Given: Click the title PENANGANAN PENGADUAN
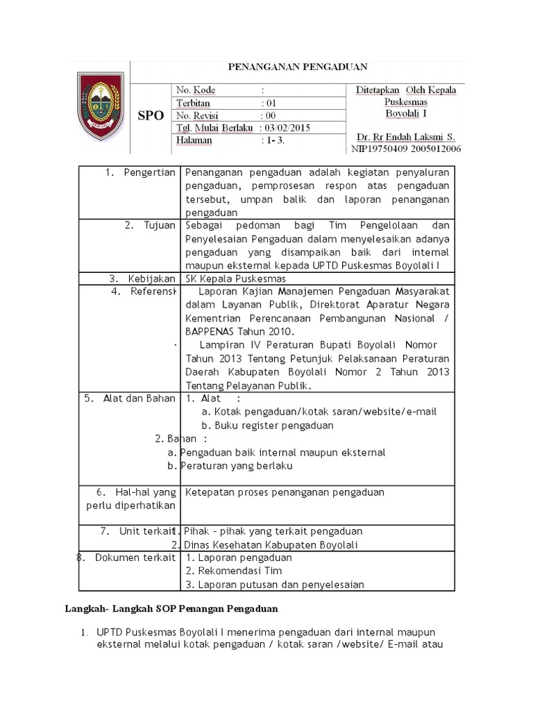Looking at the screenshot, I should click(x=298, y=67).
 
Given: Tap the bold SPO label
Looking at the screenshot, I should click(x=151, y=116).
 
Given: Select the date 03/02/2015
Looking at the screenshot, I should click(x=291, y=128).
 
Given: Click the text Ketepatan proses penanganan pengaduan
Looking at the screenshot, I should click(x=285, y=492).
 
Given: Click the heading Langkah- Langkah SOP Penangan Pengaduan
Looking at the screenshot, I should click(x=167, y=608).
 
